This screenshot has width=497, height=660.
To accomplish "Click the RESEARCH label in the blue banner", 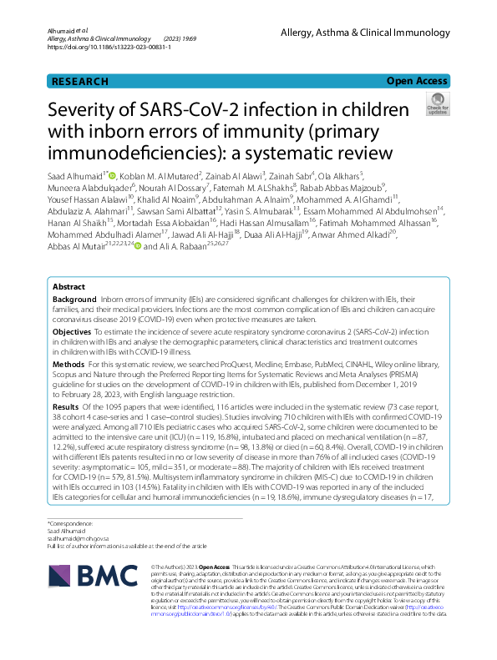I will tap(80, 81).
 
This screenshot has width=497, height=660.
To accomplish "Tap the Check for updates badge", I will tap(437, 104).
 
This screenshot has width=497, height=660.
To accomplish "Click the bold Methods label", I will tap(68, 365).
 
